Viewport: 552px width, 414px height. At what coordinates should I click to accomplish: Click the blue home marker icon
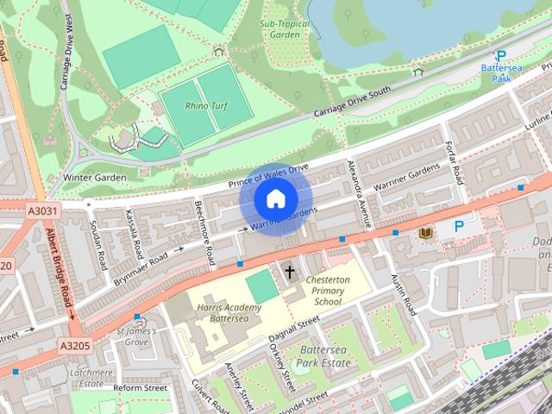coord(275,199)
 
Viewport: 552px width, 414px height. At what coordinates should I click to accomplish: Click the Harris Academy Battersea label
coord(222,313)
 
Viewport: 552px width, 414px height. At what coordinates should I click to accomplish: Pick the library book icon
coord(425,233)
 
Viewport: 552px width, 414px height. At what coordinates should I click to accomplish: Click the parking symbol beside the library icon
coord(459,226)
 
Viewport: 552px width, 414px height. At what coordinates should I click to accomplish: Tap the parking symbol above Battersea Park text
coord(501,54)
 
